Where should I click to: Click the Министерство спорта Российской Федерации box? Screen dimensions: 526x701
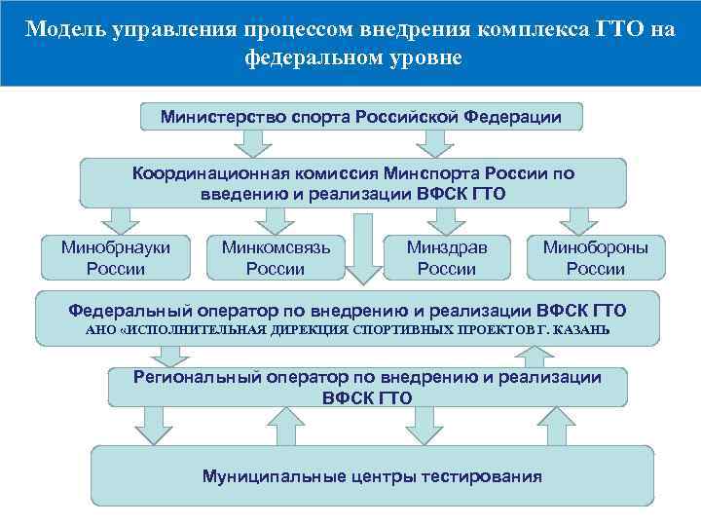click(x=362, y=117)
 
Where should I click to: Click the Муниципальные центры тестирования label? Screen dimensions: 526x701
click(x=372, y=476)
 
